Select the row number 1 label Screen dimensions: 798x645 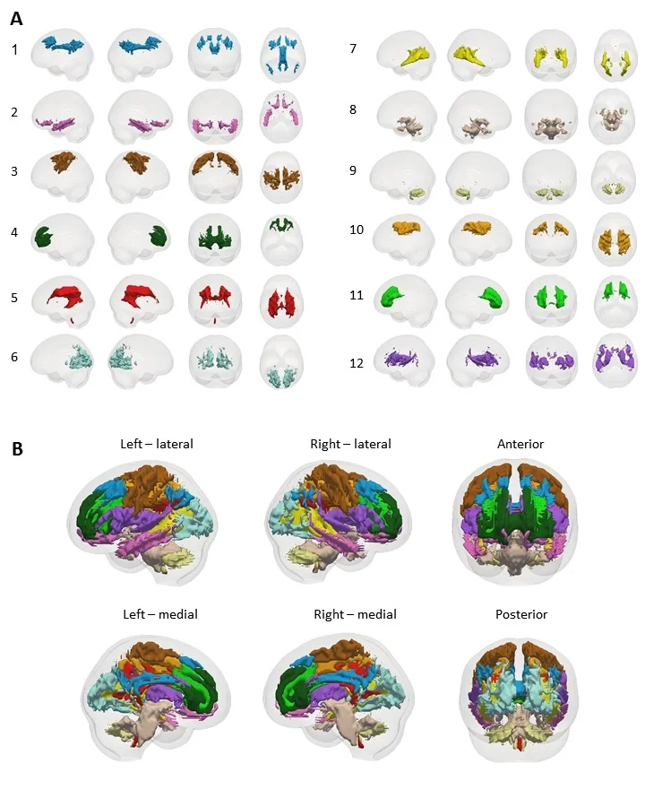tap(14, 50)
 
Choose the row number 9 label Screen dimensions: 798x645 tap(354, 171)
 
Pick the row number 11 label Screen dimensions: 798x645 tap(356, 294)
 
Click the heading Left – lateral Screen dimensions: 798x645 tap(157, 444)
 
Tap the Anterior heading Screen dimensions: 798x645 tap(520, 444)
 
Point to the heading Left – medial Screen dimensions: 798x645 tap(159, 614)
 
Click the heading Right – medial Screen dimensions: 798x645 tap(355, 614)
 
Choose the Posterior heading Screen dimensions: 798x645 tap(520, 614)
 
